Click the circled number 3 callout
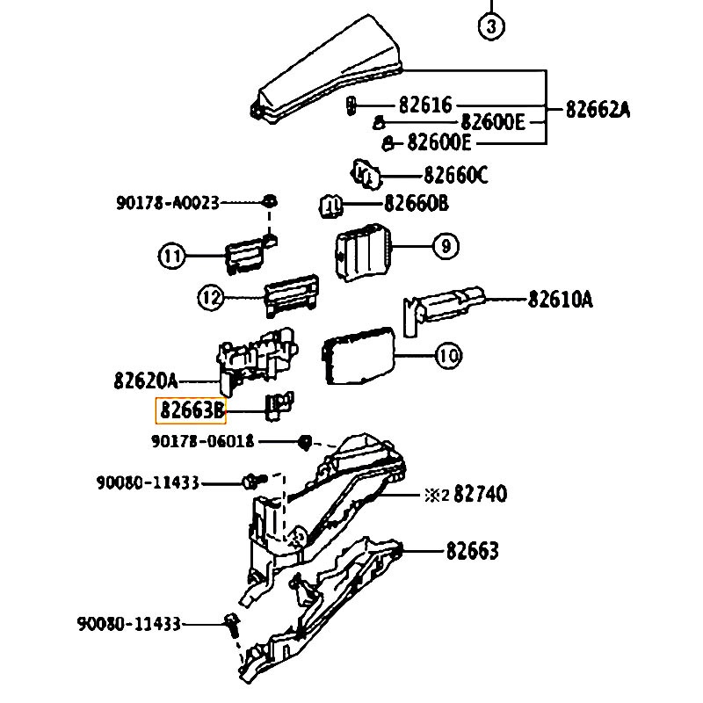point(491,27)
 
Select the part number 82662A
point(598,109)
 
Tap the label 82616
point(425,105)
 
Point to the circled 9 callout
point(446,246)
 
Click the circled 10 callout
point(449,356)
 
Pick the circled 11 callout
point(171,256)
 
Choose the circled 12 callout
point(211,298)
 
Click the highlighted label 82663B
point(191,410)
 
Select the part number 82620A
point(146,381)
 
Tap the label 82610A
point(561,299)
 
